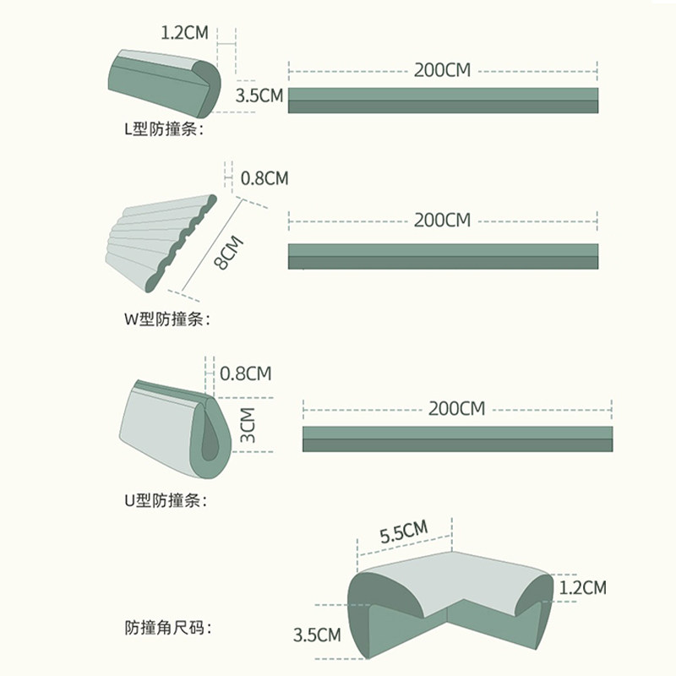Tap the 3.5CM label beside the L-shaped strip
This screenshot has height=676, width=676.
(x=259, y=95)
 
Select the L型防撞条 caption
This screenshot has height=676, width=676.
(x=164, y=129)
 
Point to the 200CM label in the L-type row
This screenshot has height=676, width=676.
(x=442, y=70)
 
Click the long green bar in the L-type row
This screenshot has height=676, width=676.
(x=443, y=100)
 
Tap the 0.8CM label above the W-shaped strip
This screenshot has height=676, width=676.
(x=264, y=178)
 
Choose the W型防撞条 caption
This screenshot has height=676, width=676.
(x=166, y=319)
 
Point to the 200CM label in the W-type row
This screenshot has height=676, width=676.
(x=442, y=221)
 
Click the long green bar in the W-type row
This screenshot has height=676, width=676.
(x=443, y=256)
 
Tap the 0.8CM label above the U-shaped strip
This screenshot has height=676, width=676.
(x=246, y=373)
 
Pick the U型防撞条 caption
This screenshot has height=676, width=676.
(x=166, y=500)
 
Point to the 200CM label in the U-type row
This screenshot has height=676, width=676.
(x=456, y=409)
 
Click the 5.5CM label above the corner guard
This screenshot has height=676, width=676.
(x=404, y=533)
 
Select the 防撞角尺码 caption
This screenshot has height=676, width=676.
(x=167, y=628)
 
